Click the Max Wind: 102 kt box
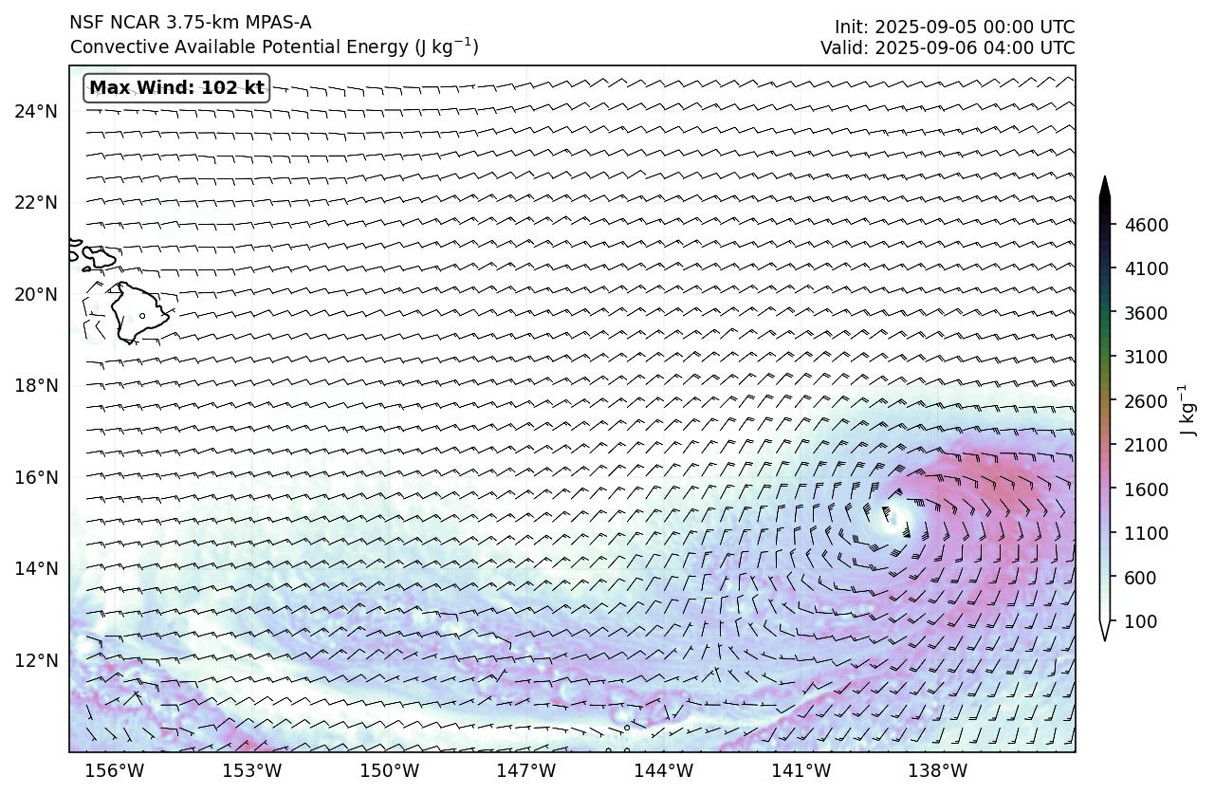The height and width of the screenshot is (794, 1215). coord(176,88)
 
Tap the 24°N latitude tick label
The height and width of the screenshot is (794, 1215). coord(36,111)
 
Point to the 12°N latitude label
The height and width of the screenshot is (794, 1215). coord(36,660)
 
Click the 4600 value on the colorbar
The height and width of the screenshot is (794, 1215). coord(1146,225)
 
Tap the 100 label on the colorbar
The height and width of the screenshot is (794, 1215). coord(1138,621)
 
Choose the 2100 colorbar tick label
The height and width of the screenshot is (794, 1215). coord(1146,445)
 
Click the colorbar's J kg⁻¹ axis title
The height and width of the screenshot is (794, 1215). coord(1186,410)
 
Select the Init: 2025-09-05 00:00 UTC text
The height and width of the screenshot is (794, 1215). coord(954,27)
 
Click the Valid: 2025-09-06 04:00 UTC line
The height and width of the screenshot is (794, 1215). coord(948,47)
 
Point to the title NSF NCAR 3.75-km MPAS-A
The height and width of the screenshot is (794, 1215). coord(190,23)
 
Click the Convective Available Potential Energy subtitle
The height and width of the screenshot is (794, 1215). coord(274,46)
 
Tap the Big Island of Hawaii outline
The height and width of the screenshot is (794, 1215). coord(138,311)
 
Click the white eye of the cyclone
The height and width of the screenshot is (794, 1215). coord(893,516)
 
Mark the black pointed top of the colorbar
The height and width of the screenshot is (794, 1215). coord(1104,185)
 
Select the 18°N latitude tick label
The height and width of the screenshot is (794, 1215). coord(36,385)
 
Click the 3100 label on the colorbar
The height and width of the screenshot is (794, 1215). coord(1146,357)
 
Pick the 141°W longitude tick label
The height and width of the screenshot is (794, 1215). coord(803,770)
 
